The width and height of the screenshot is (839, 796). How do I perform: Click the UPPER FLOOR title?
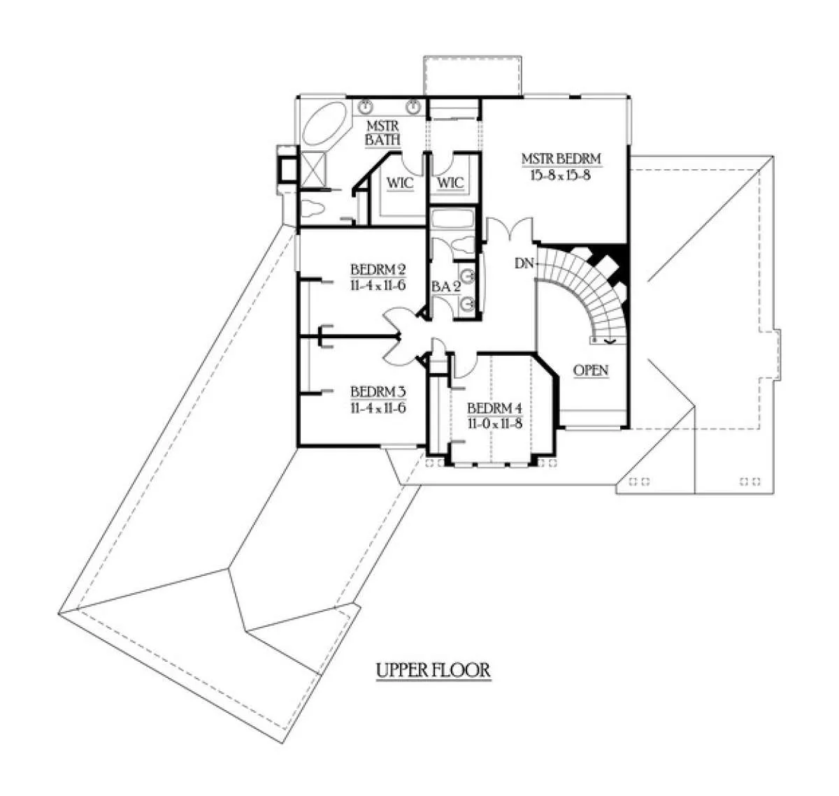click(x=433, y=670)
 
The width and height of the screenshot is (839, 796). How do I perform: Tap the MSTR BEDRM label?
click(x=561, y=159)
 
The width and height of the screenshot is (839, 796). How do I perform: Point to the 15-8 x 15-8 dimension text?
click(x=561, y=175)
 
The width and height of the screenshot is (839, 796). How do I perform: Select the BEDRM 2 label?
click(x=378, y=270)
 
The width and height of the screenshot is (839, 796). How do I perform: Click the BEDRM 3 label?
click(x=378, y=391)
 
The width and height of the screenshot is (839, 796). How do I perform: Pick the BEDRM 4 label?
click(x=494, y=408)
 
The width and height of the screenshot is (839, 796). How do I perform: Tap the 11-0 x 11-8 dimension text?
click(x=494, y=424)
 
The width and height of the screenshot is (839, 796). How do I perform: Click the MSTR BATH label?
click(x=383, y=133)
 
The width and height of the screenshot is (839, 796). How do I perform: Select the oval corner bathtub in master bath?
click(x=325, y=123)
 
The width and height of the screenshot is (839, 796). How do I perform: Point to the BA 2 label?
click(x=445, y=287)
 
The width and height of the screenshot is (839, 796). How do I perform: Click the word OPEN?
click(x=591, y=370)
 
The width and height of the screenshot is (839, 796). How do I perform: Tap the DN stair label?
click(x=524, y=263)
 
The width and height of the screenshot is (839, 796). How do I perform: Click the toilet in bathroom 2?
click(x=463, y=247)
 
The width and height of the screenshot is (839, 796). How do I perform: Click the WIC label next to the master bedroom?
click(x=451, y=183)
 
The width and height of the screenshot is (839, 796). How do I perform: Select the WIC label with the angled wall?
click(x=400, y=183)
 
